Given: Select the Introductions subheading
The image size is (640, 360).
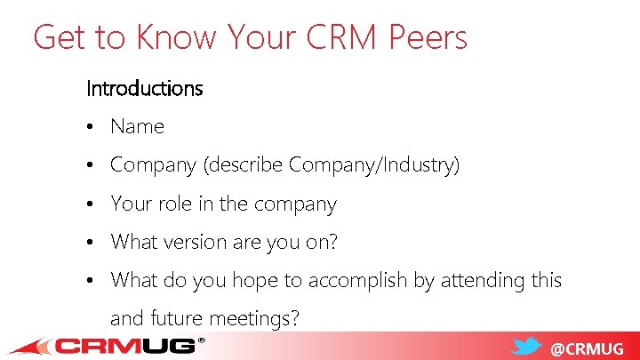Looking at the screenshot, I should click(144, 89).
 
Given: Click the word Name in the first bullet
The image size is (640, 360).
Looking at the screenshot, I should click(137, 127).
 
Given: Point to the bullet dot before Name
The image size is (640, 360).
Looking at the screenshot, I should click(92, 127).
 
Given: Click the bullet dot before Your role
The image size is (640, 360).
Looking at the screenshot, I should click(92, 204).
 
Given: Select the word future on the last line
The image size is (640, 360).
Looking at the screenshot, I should click(178, 318).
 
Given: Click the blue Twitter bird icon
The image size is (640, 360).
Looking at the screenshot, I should click(528, 347).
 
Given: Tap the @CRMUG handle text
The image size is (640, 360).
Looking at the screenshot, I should click(587, 348).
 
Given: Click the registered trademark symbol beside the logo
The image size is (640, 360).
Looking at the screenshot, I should click(201, 340).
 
